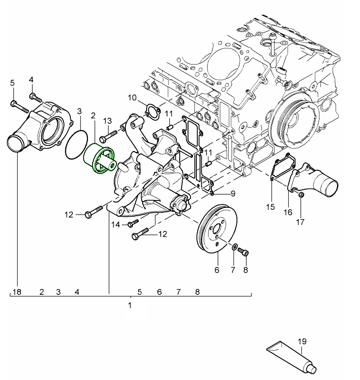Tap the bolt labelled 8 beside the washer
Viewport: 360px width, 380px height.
point(245,252)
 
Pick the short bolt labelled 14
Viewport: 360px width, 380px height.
point(129,224)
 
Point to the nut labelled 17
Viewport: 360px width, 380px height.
point(300,196)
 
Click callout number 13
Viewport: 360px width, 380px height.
point(107,120)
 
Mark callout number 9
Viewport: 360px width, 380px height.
point(233,193)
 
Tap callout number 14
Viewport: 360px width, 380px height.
point(115,224)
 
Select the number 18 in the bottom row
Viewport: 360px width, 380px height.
point(17,292)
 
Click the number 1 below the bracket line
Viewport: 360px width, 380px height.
point(130,306)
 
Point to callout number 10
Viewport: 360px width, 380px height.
point(133,97)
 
